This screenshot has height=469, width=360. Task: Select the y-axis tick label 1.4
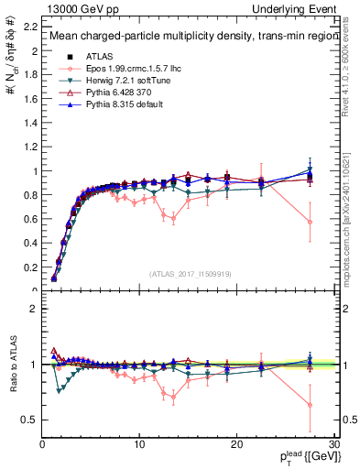point(29,121)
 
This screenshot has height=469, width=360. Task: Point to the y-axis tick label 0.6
point(29,218)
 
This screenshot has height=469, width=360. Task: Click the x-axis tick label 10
point(139,445)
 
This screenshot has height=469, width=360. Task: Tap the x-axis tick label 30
point(333,445)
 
